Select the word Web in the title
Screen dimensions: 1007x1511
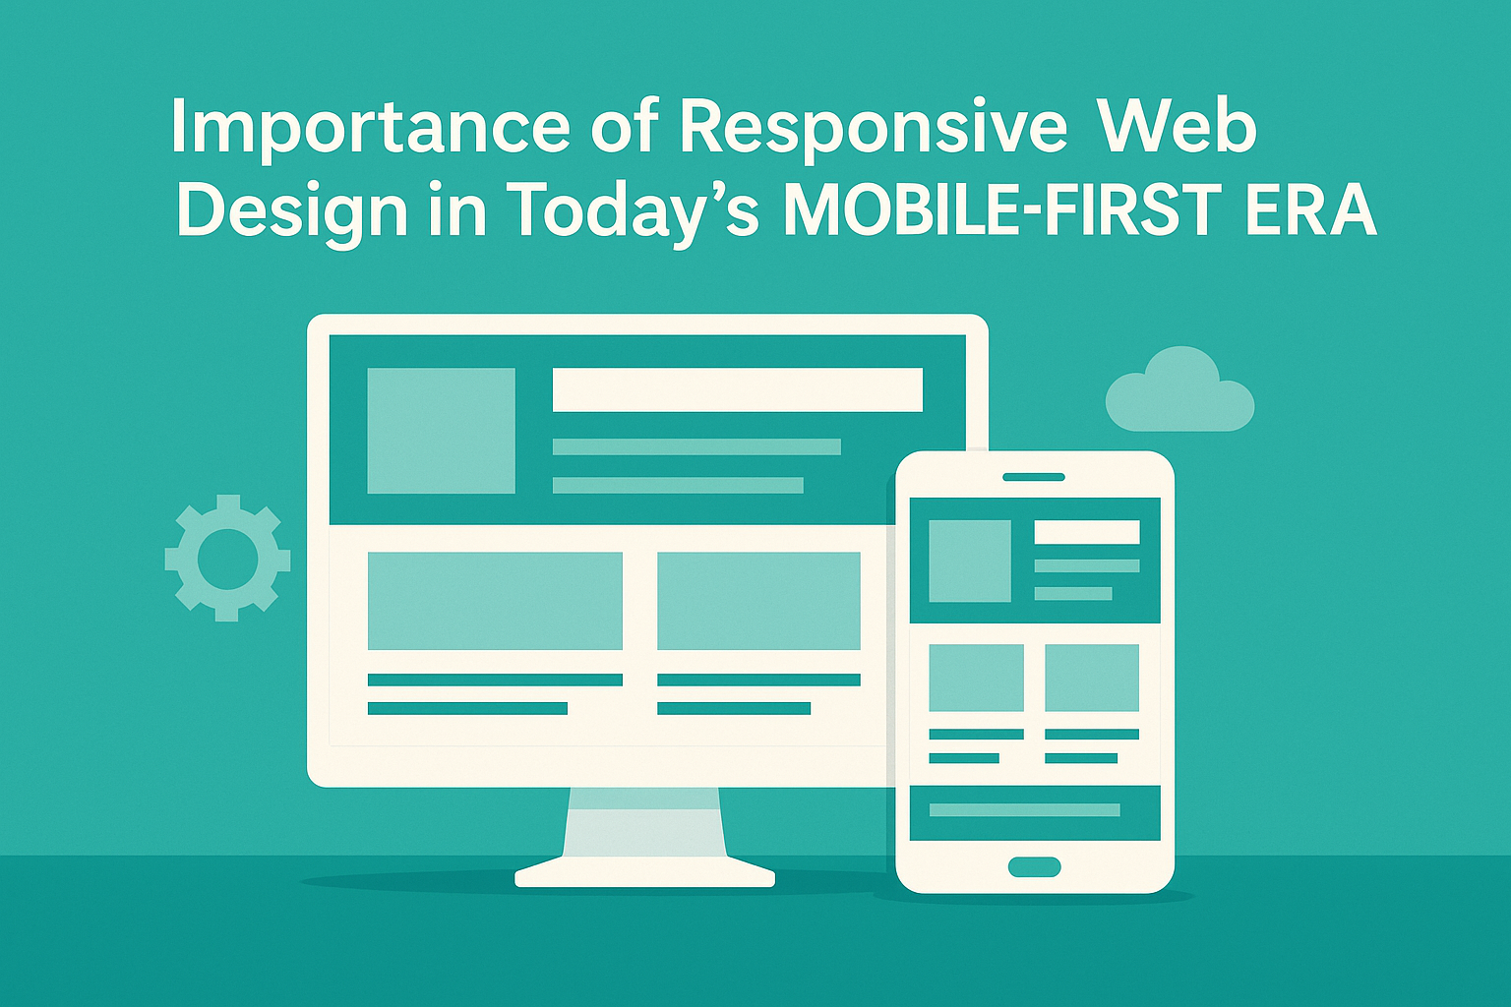[x=1178, y=128]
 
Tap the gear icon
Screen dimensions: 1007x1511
[x=227, y=558]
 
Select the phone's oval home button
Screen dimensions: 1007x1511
[x=1034, y=866]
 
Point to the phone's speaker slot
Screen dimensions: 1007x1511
[x=1034, y=477]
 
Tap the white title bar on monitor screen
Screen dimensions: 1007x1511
[x=737, y=389]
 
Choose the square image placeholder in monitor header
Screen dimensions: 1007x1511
[x=441, y=431]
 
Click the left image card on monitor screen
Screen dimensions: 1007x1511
[x=495, y=601]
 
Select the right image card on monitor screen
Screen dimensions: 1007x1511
[x=758, y=601]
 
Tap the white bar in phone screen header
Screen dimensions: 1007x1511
[x=1086, y=532]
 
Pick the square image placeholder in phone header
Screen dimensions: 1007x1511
[x=969, y=561]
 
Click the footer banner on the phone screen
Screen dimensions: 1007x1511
[x=1034, y=812]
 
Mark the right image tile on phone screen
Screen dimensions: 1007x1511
[x=1091, y=678]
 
